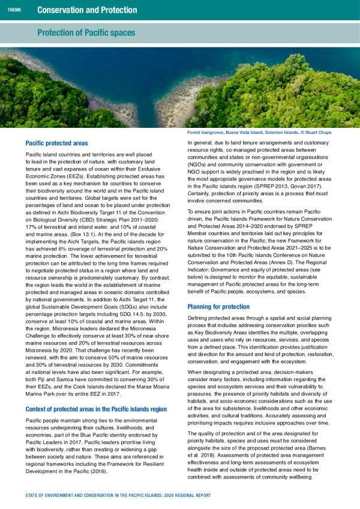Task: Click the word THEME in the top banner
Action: pos(14,10)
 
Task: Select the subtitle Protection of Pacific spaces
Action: pos(86,32)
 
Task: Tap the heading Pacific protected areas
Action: pos(57,143)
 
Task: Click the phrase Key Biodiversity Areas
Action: pos(229,331)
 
